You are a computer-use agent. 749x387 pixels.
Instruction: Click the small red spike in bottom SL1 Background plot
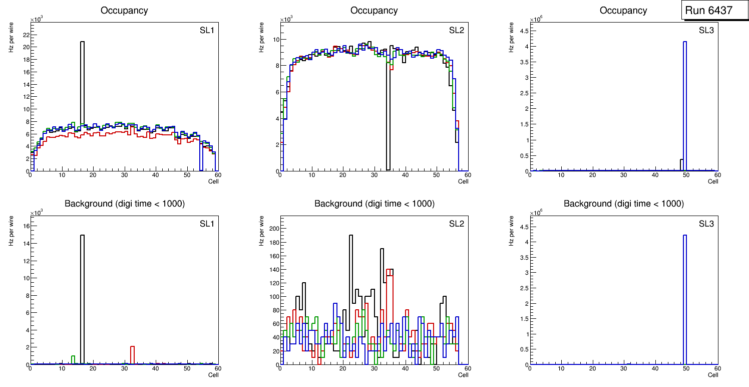[x=133, y=354]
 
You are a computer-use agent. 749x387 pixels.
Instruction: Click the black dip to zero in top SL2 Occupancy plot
[x=388, y=120]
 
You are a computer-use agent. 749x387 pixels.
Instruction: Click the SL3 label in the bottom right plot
[x=706, y=224]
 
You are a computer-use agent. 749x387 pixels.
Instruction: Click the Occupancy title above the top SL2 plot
[x=374, y=11]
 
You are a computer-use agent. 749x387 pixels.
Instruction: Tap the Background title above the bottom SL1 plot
[x=124, y=204]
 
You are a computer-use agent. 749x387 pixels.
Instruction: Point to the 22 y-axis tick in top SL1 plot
[x=26, y=35]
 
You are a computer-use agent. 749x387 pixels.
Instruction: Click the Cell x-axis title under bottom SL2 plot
[x=463, y=374]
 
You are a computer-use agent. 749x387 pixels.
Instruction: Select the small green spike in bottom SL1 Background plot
[x=73, y=359]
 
